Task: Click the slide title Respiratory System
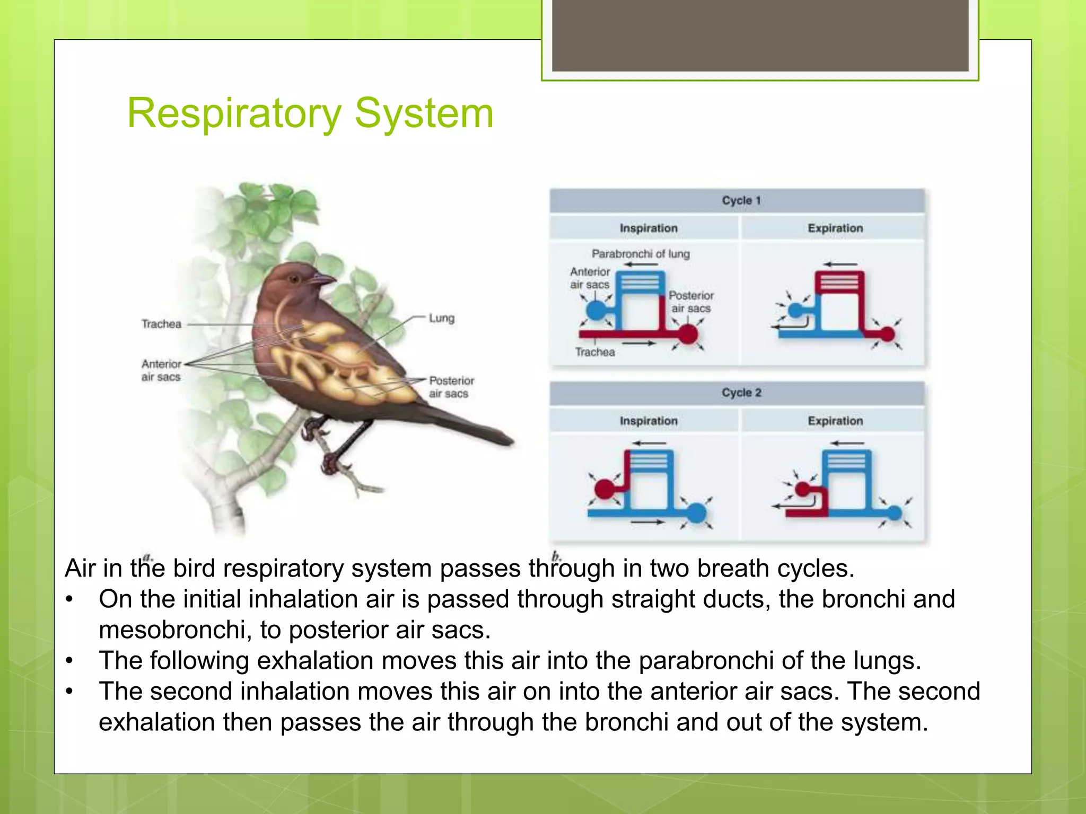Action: click(310, 113)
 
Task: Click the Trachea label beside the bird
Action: click(161, 324)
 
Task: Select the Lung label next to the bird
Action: click(441, 318)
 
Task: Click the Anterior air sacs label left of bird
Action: click(161, 370)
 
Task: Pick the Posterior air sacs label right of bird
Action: click(451, 387)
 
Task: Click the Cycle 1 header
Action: click(741, 201)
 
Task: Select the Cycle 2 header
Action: click(741, 393)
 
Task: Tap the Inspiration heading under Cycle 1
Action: click(649, 228)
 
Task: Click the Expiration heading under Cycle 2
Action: click(835, 421)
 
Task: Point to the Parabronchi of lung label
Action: click(641, 254)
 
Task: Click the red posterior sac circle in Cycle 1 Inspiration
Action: click(688, 334)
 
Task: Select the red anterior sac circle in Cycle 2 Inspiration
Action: click(605, 489)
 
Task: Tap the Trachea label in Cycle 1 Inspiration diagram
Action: click(595, 352)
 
